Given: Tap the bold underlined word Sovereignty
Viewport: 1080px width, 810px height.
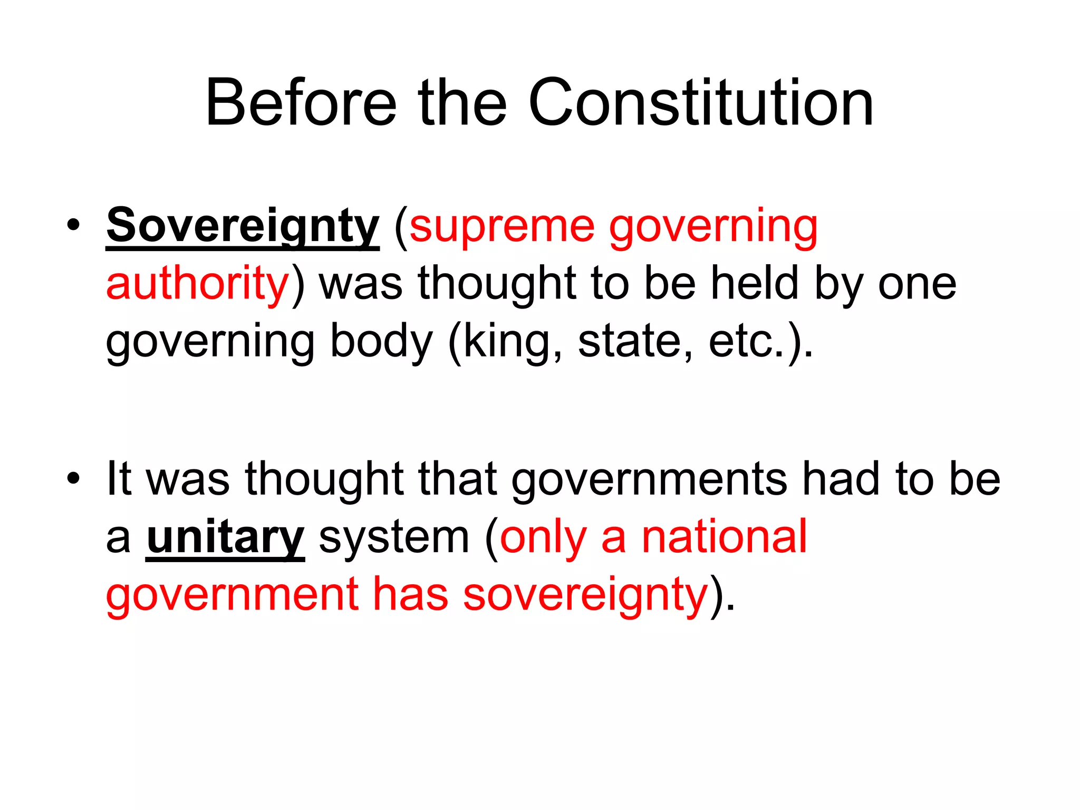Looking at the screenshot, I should click(243, 226).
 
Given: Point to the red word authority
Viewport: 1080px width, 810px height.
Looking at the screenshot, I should click(198, 283).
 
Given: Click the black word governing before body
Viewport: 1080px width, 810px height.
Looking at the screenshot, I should click(210, 341).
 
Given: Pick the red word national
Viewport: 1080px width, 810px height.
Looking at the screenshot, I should click(724, 537).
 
